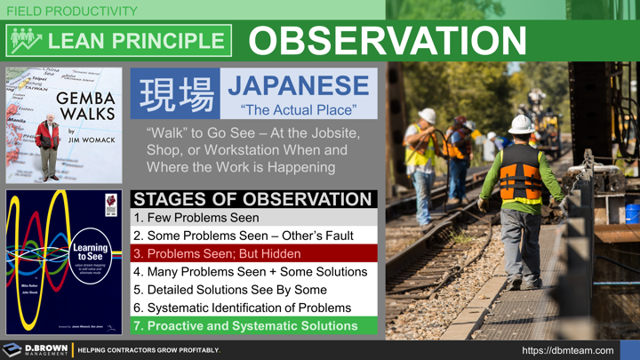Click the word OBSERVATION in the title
point(388,41)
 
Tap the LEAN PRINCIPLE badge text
point(136,41)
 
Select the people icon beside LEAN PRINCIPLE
point(26,41)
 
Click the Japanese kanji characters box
point(176,94)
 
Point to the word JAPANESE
point(298,86)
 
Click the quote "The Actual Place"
point(298,110)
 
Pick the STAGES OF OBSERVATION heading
point(252,198)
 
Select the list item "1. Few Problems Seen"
point(196,218)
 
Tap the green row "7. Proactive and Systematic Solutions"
point(245,325)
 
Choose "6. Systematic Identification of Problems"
point(242,308)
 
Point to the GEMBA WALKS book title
point(85,106)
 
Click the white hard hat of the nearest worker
point(522,124)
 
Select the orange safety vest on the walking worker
point(519,174)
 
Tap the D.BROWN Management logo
point(36,349)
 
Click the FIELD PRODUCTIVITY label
point(72,12)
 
